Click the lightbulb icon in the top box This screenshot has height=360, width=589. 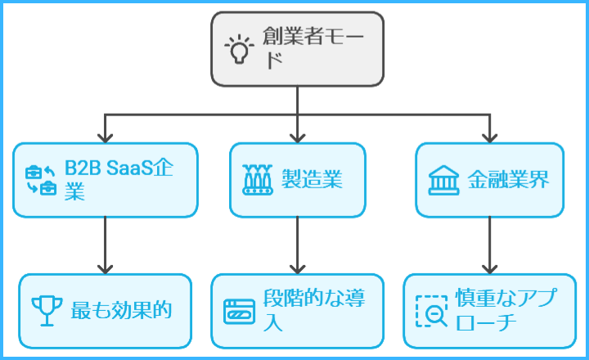coord(240,49)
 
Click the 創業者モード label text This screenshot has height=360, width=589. coord(310,48)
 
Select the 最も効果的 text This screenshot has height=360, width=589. coord(119,310)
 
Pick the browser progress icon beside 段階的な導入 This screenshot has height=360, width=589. coord(239,311)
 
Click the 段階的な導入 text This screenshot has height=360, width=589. coord(314,309)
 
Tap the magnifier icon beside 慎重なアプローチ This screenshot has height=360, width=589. coord(431,311)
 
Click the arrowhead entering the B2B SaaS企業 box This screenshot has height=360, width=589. coord(105,137)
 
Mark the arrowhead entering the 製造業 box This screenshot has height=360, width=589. coord(297,137)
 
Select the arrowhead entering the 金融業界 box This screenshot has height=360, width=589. coord(489,137)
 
